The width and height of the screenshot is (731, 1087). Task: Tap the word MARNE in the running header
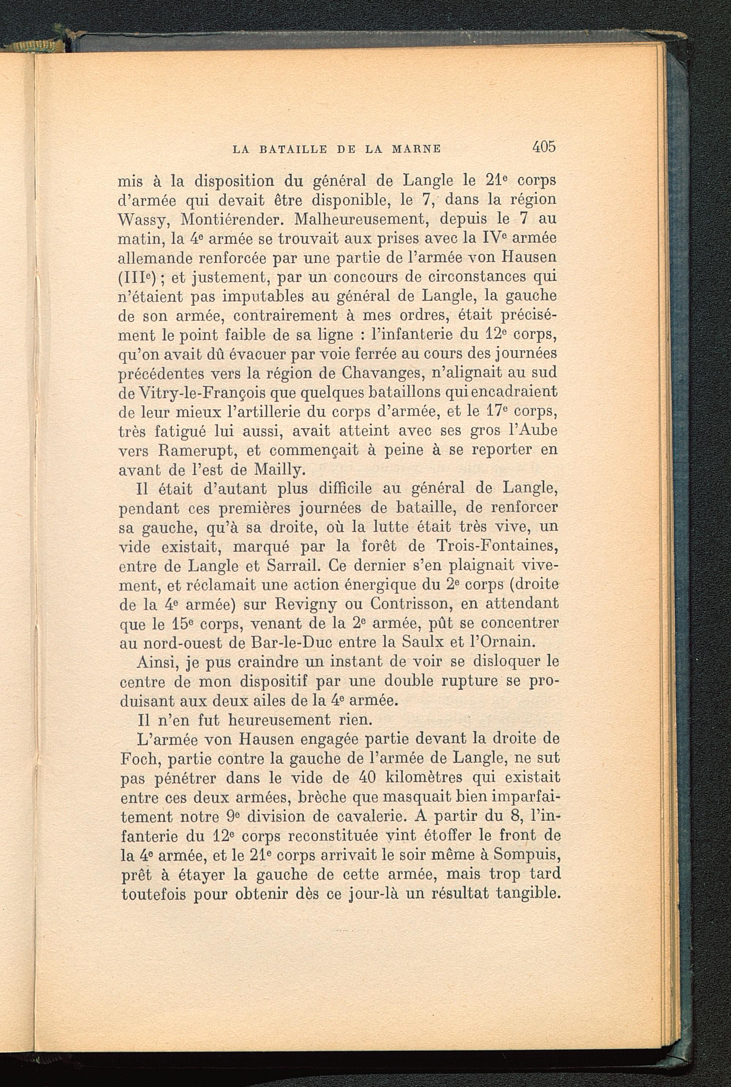pyautogui.click(x=416, y=149)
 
